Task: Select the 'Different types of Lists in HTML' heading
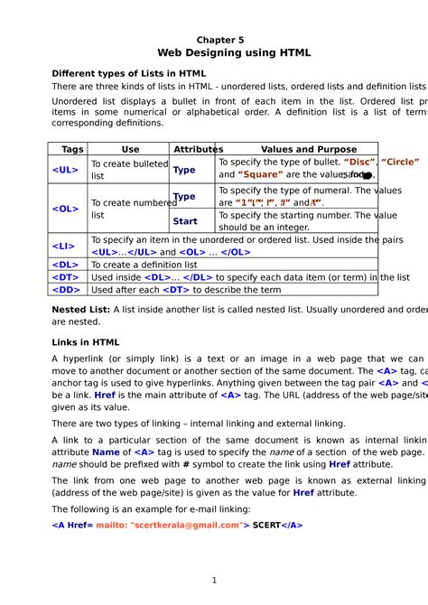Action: (x=129, y=73)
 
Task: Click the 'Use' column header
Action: (x=130, y=149)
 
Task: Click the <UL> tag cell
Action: (x=66, y=169)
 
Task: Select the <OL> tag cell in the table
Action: (x=66, y=209)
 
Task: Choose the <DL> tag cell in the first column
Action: (x=66, y=265)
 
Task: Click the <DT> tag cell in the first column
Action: (x=66, y=277)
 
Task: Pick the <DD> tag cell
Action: (x=66, y=290)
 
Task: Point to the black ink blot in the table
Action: (x=367, y=175)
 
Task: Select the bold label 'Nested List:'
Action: (x=81, y=310)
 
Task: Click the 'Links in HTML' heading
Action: (x=86, y=342)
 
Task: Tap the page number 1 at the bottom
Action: (x=214, y=580)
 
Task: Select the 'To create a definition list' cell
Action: (x=144, y=265)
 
